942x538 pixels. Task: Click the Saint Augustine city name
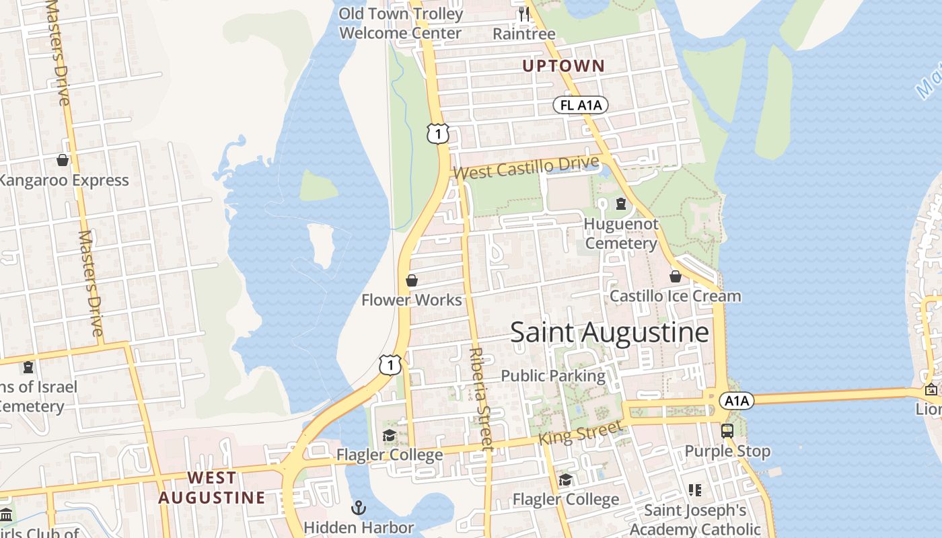tap(609, 333)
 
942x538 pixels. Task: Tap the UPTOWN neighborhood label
tap(564, 66)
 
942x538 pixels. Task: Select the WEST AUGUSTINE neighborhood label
tap(212, 488)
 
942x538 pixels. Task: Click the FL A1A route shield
tap(581, 105)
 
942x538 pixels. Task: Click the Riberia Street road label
tap(480, 397)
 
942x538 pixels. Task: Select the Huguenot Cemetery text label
tap(621, 233)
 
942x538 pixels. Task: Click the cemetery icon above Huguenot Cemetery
tap(621, 204)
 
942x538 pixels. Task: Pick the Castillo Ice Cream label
tap(675, 296)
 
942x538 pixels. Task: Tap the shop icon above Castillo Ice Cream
tap(676, 276)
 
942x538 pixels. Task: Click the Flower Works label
tap(412, 300)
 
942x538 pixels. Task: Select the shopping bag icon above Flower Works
tap(412, 280)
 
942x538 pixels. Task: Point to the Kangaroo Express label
tap(63, 180)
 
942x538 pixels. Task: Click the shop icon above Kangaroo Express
tap(63, 160)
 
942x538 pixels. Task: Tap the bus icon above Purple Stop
tap(727, 431)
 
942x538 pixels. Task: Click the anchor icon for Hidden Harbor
tap(359, 507)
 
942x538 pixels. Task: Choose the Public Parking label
tap(553, 376)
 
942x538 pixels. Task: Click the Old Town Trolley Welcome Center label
tap(401, 23)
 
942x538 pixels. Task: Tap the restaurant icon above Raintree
tap(523, 13)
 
